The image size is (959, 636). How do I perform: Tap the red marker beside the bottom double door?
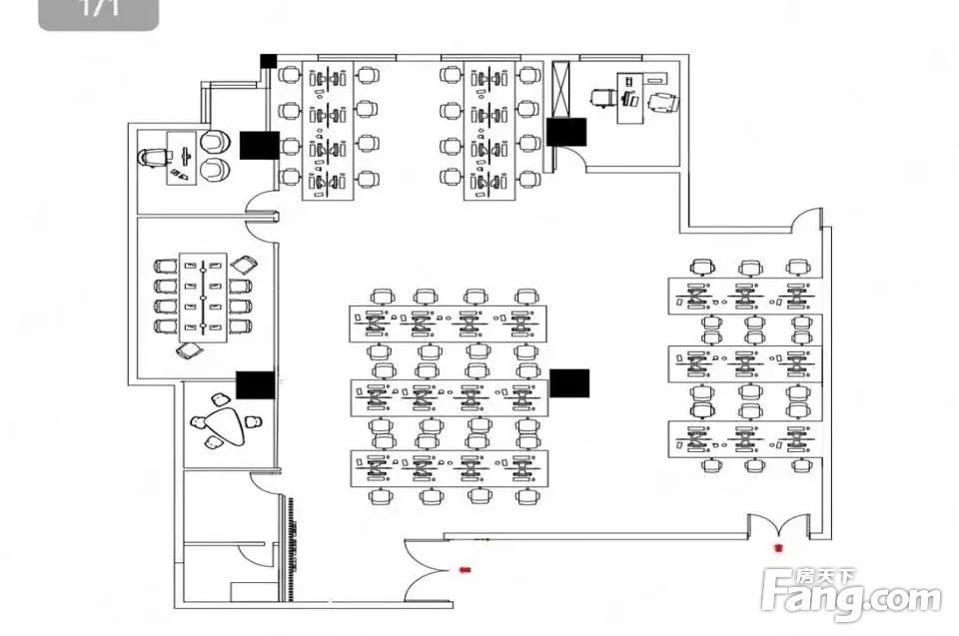(463, 569)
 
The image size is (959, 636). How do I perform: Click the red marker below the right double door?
(778, 547)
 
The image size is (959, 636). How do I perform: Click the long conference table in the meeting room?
(204, 297)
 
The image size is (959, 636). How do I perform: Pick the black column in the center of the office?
(569, 383)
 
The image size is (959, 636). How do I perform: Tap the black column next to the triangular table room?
(255, 384)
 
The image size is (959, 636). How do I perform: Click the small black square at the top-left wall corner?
(268, 61)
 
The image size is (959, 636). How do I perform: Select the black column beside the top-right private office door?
(566, 132)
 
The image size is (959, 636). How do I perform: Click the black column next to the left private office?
(259, 145)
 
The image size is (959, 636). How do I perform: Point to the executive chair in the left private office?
(153, 157)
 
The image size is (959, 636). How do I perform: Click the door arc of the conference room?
(262, 219)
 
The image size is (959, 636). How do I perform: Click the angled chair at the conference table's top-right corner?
(243, 265)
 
